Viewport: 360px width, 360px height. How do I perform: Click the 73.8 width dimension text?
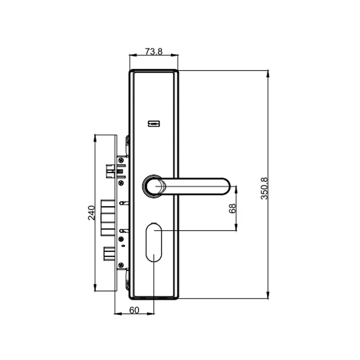[154, 51]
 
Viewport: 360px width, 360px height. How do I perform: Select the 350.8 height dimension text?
[264, 188]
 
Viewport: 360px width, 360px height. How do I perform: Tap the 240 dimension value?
[91, 212]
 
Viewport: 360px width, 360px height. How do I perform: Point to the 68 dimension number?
[233, 208]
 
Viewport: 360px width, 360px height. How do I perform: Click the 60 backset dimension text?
[134, 310]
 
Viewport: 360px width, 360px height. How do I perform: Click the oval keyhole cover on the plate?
[154, 241]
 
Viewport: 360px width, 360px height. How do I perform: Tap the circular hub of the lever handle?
[153, 186]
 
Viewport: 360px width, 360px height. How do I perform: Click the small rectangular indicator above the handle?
[154, 124]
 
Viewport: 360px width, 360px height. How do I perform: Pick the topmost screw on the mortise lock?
[121, 159]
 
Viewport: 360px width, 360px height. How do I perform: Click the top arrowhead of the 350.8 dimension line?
[268, 73]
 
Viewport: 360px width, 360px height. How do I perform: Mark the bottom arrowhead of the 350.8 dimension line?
[268, 296]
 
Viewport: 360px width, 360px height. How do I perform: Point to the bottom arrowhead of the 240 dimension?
[95, 288]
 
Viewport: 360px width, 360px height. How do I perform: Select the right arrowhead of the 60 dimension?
[152, 314]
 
